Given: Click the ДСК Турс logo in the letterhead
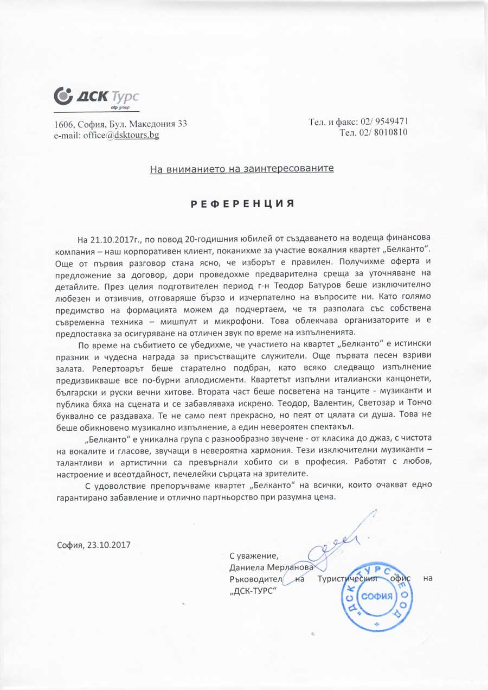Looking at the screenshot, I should click(x=97, y=98).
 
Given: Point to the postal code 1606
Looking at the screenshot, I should click(x=65, y=124).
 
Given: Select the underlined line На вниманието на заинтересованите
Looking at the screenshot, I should click(x=242, y=169).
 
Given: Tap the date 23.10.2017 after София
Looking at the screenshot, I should click(x=109, y=544).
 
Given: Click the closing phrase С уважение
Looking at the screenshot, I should click(x=253, y=556).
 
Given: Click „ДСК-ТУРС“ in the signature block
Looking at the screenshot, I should click(x=253, y=591).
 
